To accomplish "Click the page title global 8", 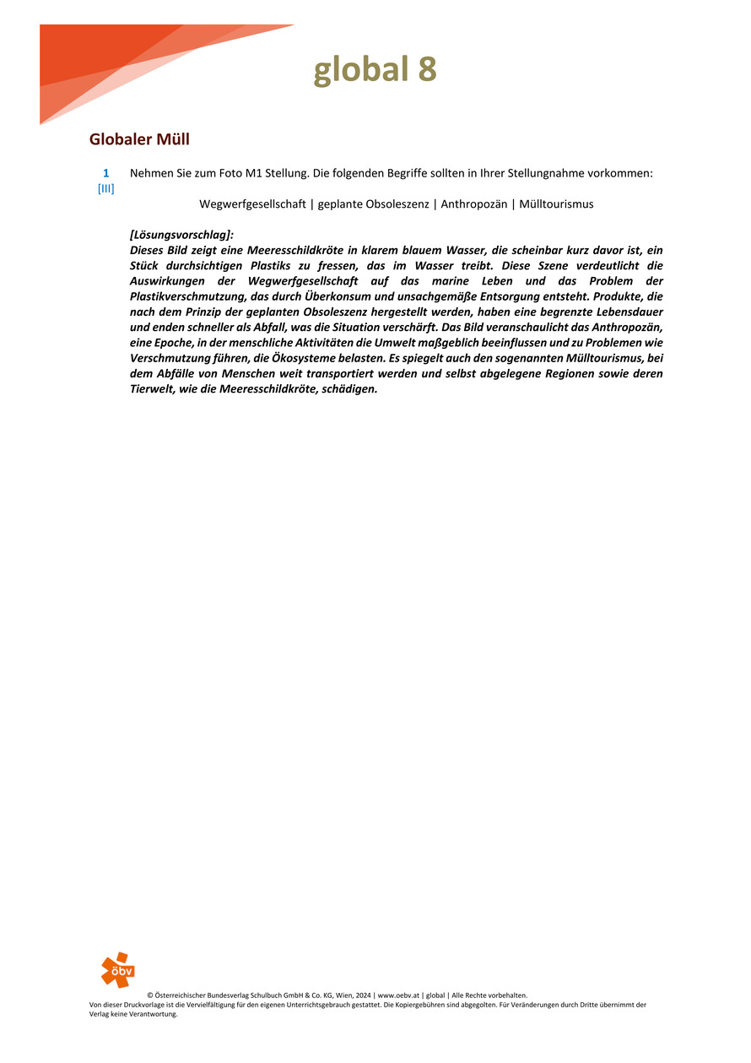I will click(375, 69).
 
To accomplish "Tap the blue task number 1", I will click(106, 173).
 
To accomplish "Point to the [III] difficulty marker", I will click(106, 188).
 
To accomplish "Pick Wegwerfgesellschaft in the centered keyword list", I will click(252, 204).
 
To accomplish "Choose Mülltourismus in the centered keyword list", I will click(556, 204).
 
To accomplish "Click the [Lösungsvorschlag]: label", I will click(181, 235).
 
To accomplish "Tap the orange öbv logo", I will click(117, 969).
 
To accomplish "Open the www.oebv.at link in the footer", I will click(400, 995).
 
